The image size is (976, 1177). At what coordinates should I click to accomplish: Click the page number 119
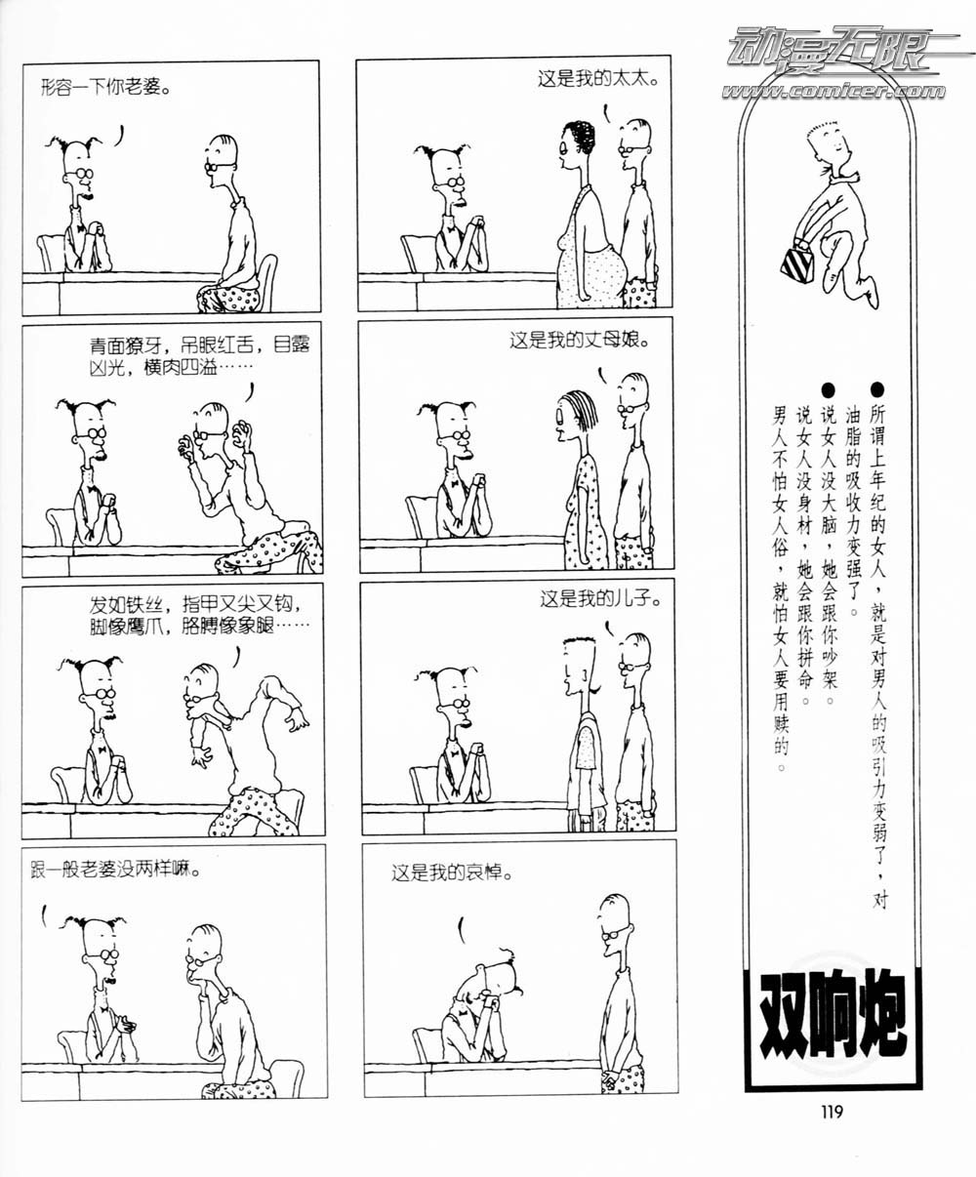pos(833,1112)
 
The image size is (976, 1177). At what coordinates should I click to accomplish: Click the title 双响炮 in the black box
pos(834,1014)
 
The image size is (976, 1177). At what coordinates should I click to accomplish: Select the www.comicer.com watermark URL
pos(834,91)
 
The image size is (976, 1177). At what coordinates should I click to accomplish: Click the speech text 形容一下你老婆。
pos(106,88)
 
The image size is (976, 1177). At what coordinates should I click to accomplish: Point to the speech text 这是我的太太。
pos(598,78)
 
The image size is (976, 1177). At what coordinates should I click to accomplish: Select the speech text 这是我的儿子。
pos(601,598)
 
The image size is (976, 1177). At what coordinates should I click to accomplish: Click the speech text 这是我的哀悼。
pos(453,873)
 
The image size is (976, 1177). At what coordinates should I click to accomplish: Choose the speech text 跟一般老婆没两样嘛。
pos(116,871)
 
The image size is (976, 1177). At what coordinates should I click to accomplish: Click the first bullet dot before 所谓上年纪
pos(876,390)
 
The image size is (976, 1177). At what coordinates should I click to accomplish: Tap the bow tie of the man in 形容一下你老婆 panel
pos(80,227)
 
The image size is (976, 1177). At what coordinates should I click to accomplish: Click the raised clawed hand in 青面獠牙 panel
pos(242,435)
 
